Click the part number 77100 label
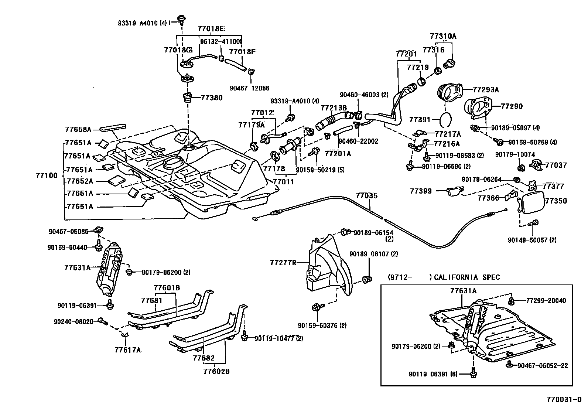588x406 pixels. click(47, 175)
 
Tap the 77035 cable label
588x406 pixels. click(367, 195)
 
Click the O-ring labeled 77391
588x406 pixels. click(445, 119)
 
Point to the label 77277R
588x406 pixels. click(283, 263)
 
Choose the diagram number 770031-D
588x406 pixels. click(564, 400)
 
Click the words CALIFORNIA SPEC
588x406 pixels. click(467, 277)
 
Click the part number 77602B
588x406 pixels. click(216, 371)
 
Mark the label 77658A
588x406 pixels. click(78, 129)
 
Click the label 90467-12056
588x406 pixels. click(249, 88)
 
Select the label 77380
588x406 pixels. click(212, 98)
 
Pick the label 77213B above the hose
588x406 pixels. click(334, 108)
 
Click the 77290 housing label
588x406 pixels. click(512, 106)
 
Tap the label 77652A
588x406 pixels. click(79, 181)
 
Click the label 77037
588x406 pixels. click(556, 165)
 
